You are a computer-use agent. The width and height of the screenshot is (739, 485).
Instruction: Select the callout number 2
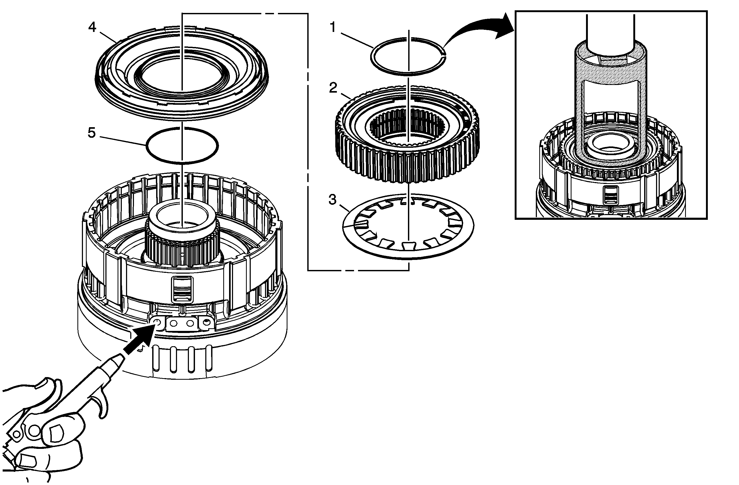[x=333, y=88]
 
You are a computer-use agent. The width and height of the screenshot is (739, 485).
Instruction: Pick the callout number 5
[x=91, y=133]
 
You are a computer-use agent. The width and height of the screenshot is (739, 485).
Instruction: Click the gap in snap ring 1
[x=445, y=56]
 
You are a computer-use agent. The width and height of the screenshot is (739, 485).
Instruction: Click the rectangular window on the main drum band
[x=182, y=289]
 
